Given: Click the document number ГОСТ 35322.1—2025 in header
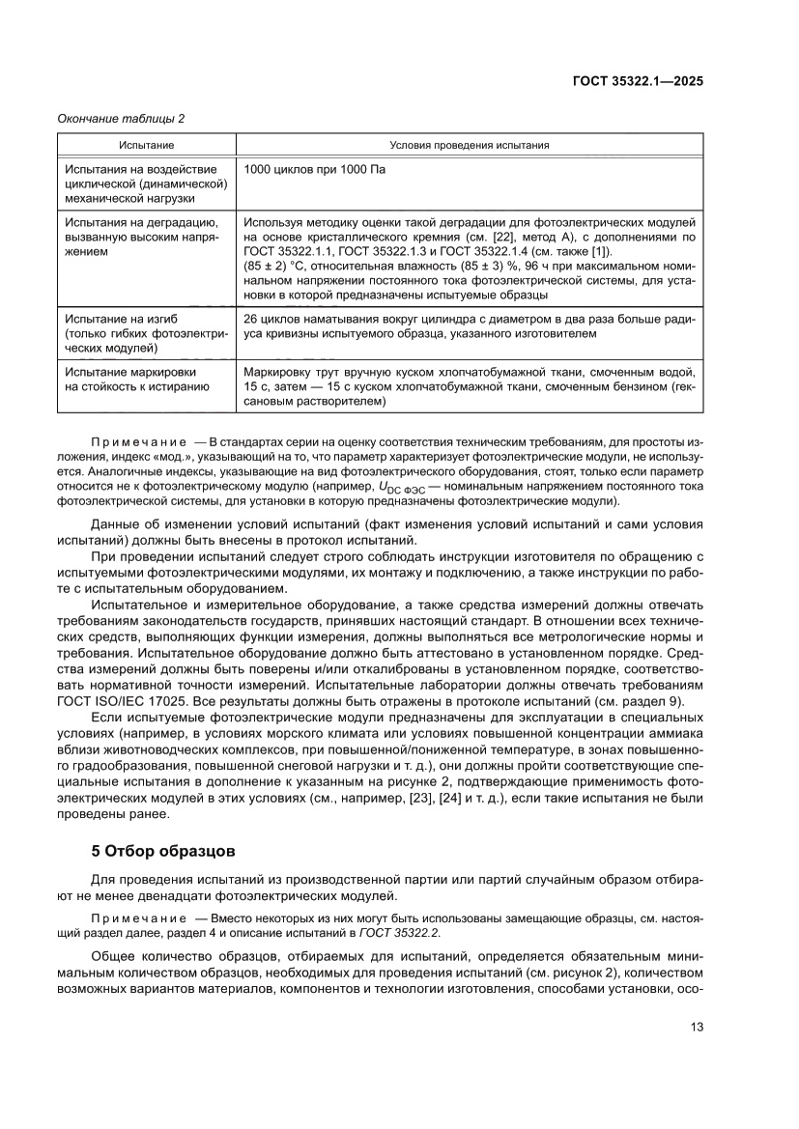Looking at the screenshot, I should pos(638,81).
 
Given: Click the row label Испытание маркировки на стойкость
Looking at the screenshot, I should pos(135,379).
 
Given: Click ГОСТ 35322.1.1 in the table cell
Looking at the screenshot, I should pos(292,251).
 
